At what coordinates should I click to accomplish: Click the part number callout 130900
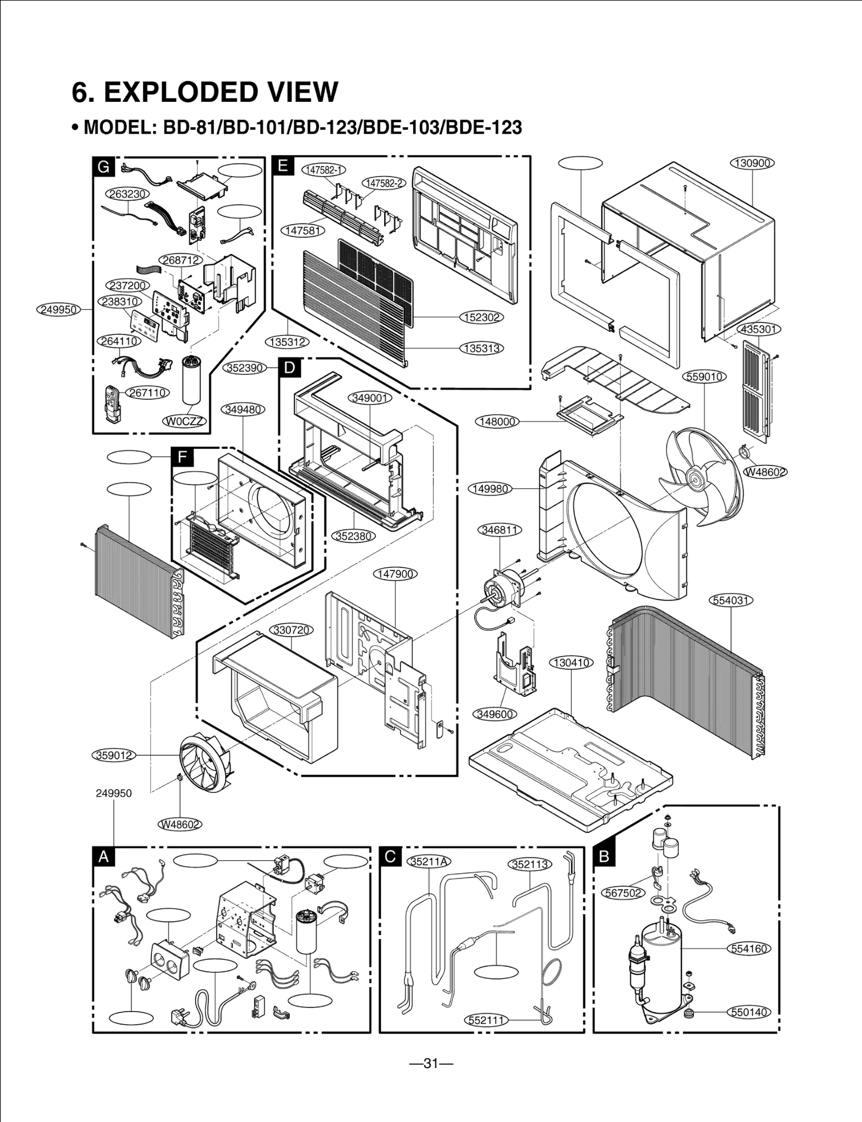click(x=752, y=163)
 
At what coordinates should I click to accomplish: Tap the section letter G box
click(x=103, y=166)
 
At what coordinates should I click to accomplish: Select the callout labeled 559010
click(x=705, y=377)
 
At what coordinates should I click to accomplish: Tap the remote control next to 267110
click(x=113, y=404)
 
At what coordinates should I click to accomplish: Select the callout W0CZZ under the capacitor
click(x=185, y=421)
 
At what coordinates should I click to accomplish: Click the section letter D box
click(x=289, y=368)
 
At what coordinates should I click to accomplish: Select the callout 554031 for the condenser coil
click(x=731, y=600)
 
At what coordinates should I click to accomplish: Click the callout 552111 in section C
click(x=486, y=1020)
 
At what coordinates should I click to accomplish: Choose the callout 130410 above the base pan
click(x=571, y=663)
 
